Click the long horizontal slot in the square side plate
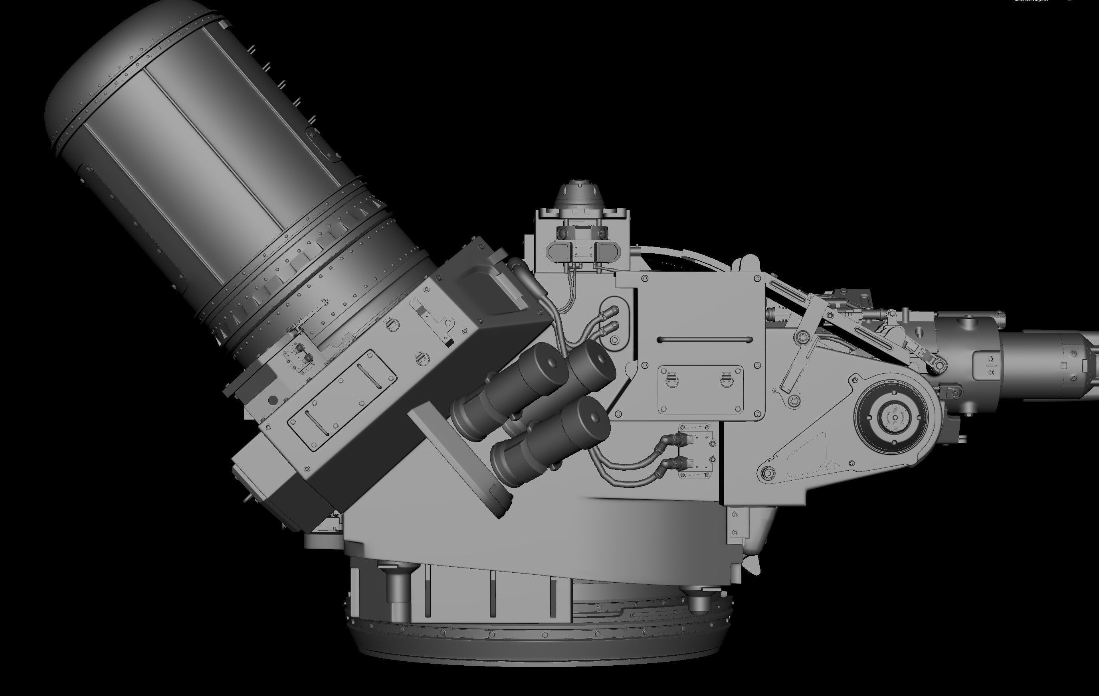tap(705, 340)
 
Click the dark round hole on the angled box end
tap(273, 400)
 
